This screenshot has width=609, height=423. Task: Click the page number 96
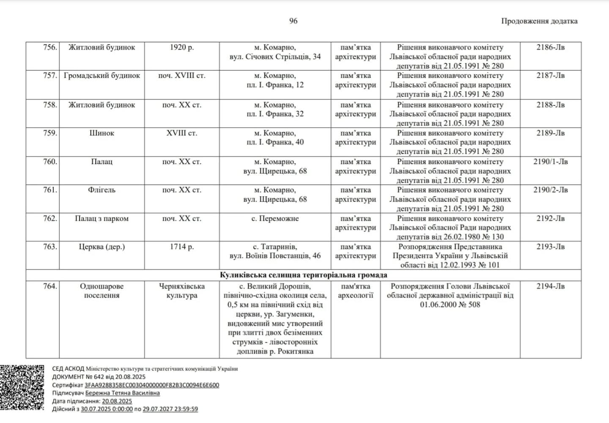coord(293,21)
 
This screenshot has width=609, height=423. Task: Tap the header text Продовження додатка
coord(539,21)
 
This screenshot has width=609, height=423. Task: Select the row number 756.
coord(50,47)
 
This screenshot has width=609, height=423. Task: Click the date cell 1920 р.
coord(182,47)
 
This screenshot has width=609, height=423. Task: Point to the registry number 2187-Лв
coord(550,76)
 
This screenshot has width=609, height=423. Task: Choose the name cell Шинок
coord(102,133)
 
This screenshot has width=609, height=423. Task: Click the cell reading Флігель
coord(102,190)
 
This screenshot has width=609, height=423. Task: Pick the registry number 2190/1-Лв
coord(550,162)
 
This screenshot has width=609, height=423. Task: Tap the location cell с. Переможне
coord(275,219)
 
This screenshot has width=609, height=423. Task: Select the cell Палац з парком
coord(102,219)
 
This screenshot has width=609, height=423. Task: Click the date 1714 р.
coord(182,247)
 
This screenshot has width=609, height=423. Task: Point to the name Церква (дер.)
coord(102,247)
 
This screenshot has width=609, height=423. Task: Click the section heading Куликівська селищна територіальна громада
coord(303,275)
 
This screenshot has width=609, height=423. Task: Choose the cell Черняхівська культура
coord(182,291)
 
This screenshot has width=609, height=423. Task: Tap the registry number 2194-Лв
coord(550,286)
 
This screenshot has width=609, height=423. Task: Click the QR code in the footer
coord(22,387)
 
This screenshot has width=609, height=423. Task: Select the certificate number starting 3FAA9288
coord(152,385)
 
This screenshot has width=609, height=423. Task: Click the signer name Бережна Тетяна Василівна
coord(123,393)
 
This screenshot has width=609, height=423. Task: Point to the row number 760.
coord(50,162)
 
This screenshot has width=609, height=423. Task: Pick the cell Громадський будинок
coord(102,76)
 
